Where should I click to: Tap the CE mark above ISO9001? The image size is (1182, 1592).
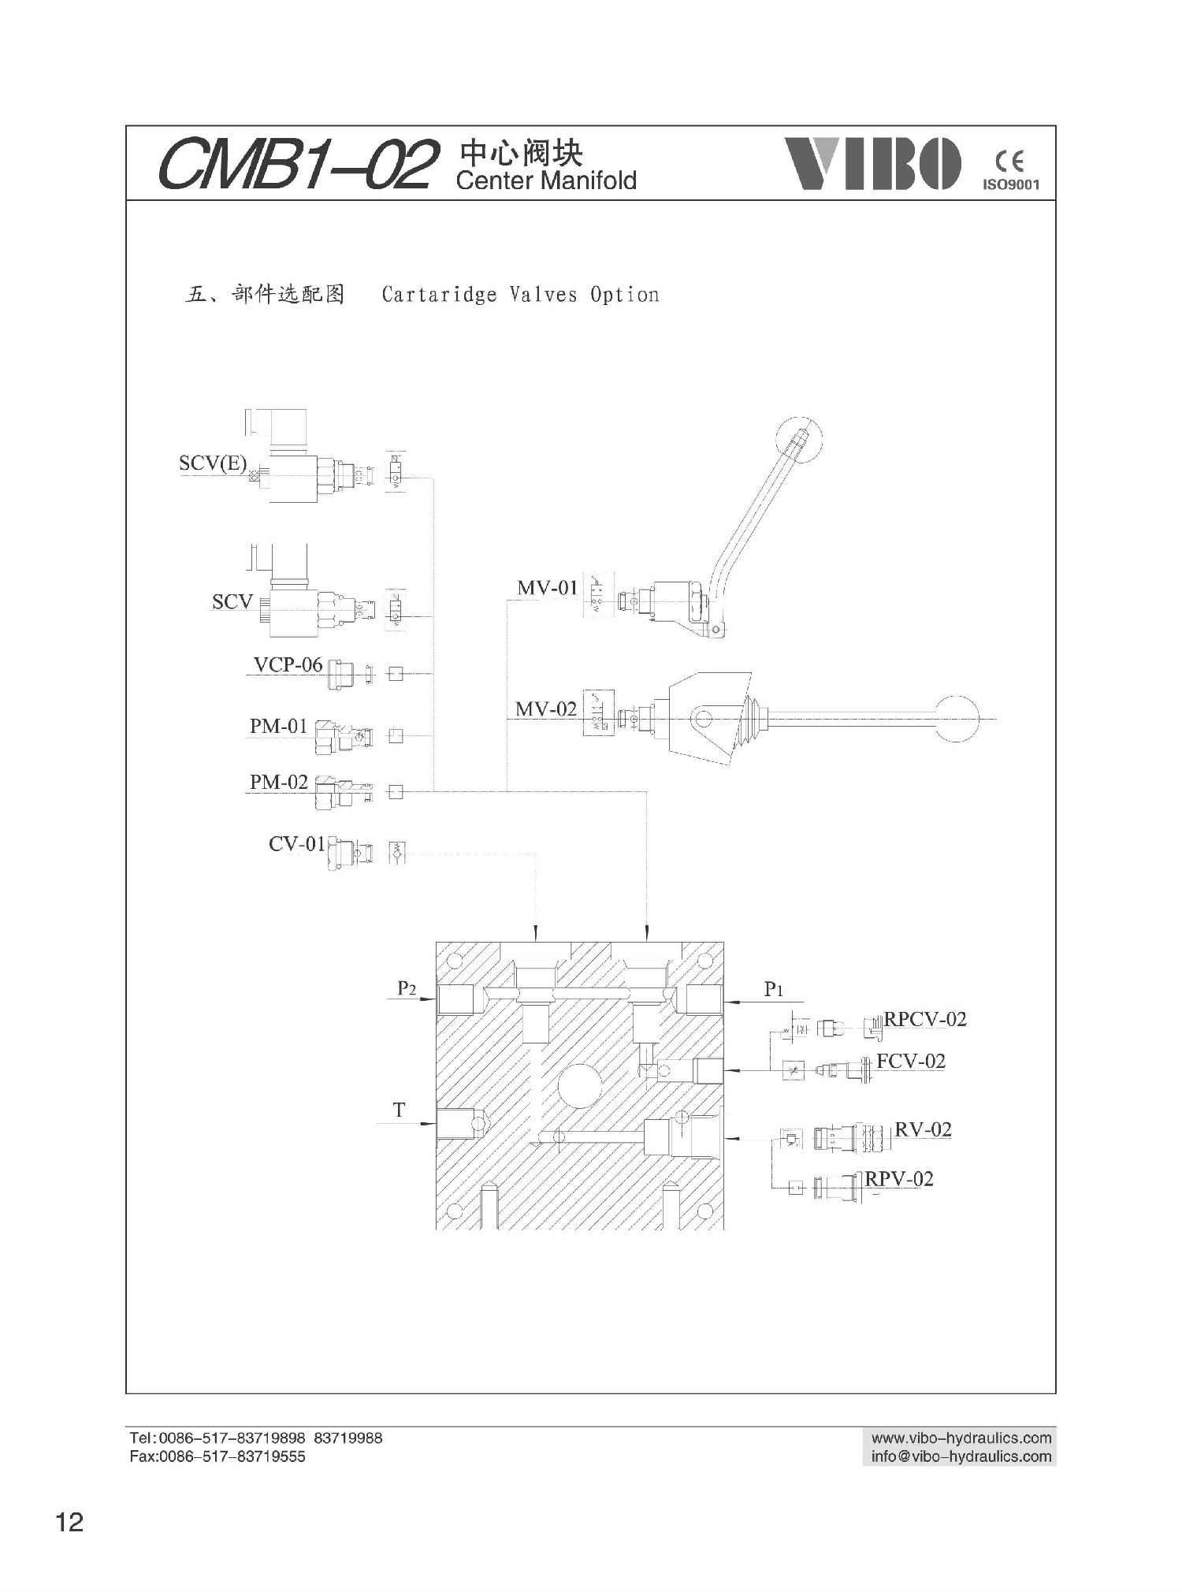coord(1009,163)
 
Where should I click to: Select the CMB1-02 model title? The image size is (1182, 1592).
coord(297,165)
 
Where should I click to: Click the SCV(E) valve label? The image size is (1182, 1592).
coord(213,463)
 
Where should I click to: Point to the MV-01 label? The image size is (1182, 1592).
coord(547,588)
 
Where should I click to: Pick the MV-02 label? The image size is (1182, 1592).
coord(546,709)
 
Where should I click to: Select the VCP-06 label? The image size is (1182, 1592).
coord(288,665)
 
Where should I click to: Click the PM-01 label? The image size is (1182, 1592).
coord(278,727)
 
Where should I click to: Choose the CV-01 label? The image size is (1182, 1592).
coord(297,844)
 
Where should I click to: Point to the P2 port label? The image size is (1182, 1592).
coord(407,988)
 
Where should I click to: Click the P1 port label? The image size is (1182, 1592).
coord(774,990)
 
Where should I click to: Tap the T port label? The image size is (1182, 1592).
coord(400,1110)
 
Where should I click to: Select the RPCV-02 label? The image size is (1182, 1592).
coord(925,1019)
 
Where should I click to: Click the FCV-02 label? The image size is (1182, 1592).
coord(911,1062)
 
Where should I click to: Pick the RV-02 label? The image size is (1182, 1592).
coord(924,1129)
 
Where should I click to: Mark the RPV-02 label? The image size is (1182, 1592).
coord(899,1179)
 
